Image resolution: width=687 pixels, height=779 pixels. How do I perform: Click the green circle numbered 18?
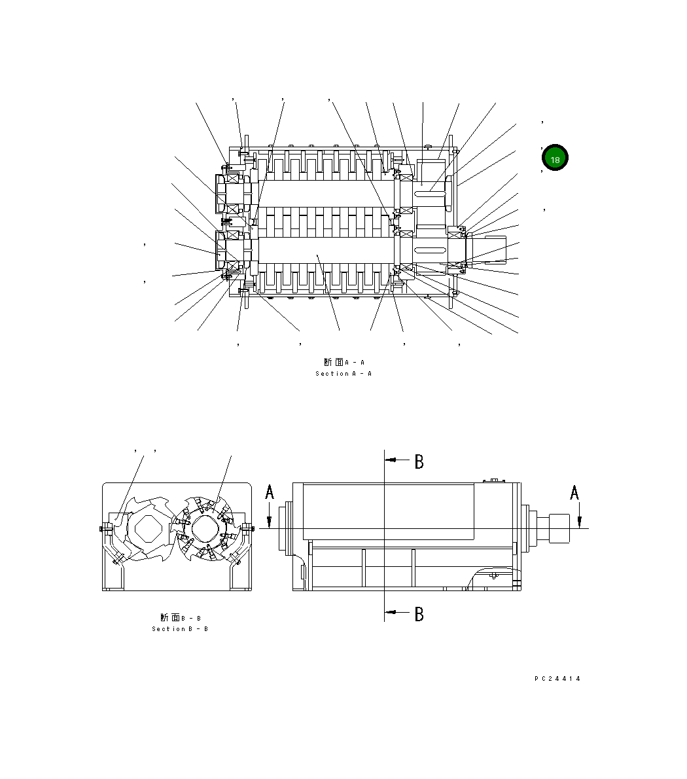point(555,158)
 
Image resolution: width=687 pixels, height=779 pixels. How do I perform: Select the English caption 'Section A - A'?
point(343,374)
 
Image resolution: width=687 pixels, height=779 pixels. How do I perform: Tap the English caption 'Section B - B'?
point(180,629)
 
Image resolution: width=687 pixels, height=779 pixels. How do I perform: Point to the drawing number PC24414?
point(557,679)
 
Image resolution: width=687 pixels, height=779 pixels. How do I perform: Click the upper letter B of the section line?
point(419,462)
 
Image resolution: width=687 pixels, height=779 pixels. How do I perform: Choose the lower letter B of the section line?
point(419,614)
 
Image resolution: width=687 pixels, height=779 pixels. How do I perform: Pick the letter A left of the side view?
point(270,492)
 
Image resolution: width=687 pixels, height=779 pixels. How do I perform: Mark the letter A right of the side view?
point(574,492)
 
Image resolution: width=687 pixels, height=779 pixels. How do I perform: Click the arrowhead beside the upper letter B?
point(391,460)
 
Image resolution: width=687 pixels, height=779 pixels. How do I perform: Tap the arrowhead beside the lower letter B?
point(391,613)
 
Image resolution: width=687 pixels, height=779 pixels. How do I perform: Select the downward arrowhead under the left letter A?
point(270,521)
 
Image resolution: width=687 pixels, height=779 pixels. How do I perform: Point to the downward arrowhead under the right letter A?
point(580,521)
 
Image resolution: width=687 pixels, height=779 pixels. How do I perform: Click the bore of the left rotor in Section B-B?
point(149,527)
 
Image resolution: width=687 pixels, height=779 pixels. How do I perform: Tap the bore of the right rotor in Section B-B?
point(205,527)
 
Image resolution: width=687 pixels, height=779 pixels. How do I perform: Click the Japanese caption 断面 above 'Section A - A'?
point(333,362)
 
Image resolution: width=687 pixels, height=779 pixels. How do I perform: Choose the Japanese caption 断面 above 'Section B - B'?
point(169,617)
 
